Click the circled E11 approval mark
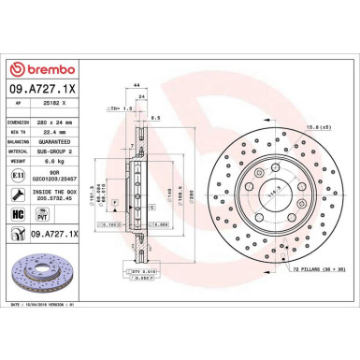coord(21,175)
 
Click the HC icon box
coord(21,214)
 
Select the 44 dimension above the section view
coord(137,85)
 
